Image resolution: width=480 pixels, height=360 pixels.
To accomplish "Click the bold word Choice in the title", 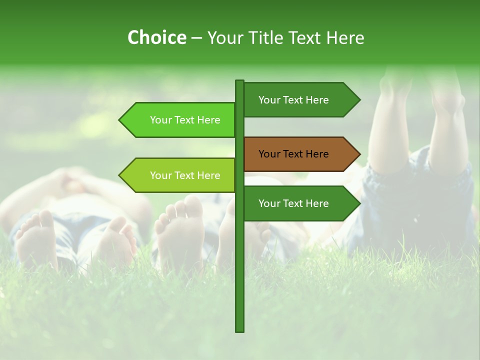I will [156, 37].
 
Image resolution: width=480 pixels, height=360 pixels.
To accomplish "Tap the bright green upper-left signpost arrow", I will [180, 120].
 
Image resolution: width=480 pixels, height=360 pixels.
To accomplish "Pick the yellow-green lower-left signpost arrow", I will [180, 175].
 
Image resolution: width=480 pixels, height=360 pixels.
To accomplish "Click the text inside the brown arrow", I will [293, 154].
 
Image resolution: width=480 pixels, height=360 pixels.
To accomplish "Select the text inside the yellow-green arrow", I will [185, 175].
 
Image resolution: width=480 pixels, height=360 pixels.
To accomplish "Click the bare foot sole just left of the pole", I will [180, 230].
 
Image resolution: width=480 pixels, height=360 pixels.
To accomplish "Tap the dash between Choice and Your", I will [196, 38].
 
